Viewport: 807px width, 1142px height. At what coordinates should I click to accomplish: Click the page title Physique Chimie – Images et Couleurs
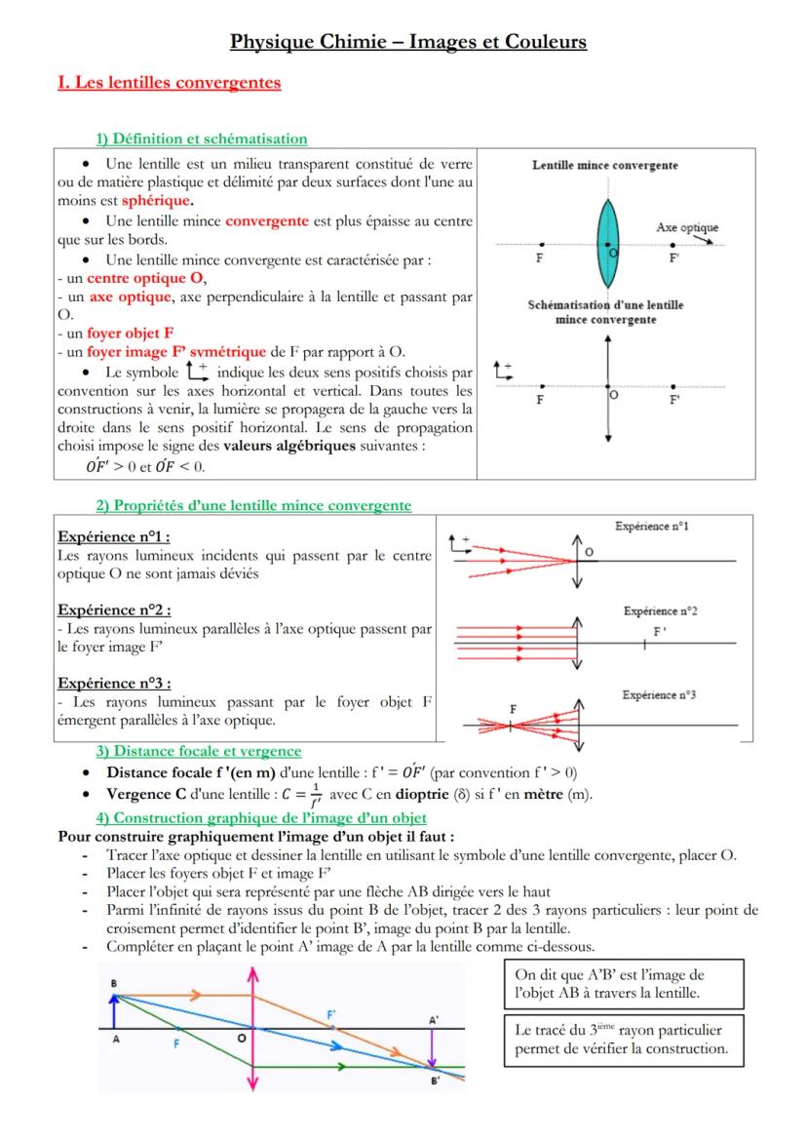point(408,41)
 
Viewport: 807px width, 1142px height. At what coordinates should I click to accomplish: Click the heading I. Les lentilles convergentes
point(170,83)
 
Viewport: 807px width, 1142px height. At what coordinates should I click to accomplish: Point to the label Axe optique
point(686,227)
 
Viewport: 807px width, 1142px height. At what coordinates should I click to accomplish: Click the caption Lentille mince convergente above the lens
point(604,166)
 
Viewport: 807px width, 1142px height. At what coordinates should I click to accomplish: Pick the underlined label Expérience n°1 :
point(114,536)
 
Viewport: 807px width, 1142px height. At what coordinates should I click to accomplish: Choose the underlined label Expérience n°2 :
point(114,610)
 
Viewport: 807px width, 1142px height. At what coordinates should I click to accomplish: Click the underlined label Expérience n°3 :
point(114,684)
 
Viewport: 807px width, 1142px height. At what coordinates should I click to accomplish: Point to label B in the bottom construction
point(114,983)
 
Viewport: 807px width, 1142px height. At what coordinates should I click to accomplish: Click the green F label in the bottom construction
point(176,1043)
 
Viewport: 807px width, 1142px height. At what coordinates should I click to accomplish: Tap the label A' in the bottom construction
point(434,1018)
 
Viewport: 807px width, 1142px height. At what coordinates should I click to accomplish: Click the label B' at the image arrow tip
point(436,1080)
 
